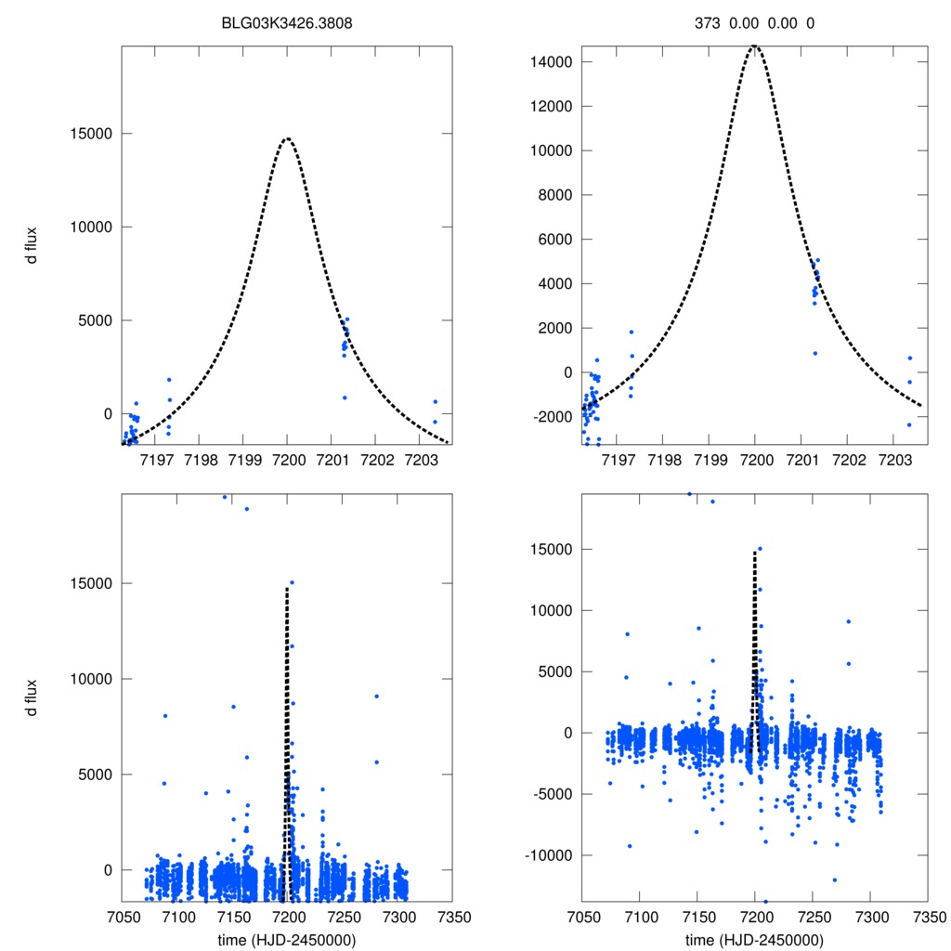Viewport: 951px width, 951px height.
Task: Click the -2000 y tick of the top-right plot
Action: [x=555, y=416]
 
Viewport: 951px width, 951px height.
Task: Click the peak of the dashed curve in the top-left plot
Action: [x=288, y=138]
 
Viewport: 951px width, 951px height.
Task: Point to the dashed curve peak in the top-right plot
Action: [x=755, y=46]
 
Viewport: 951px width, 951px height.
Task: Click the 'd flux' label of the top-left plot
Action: [x=33, y=245]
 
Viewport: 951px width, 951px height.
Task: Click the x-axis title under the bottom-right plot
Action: [x=755, y=939]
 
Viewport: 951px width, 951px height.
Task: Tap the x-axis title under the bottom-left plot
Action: [x=288, y=939]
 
